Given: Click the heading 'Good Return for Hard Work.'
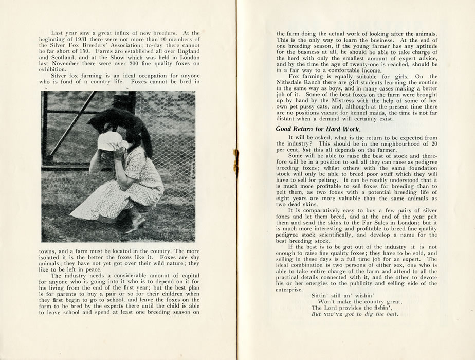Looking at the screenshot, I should [x=318, y=128].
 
